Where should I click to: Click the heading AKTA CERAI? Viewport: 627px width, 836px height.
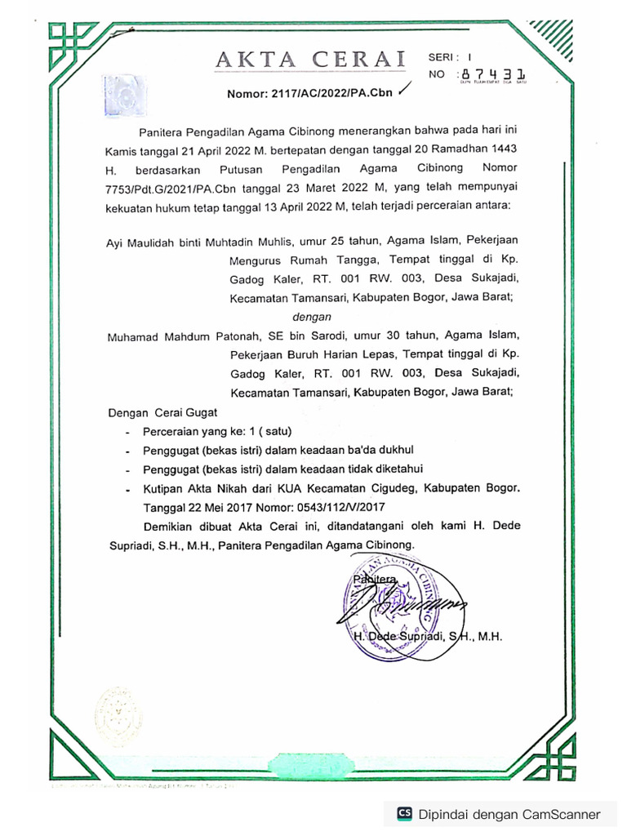coord(310,59)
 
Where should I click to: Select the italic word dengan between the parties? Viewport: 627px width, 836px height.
coord(311,316)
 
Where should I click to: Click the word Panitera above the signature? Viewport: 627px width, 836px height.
coord(373,580)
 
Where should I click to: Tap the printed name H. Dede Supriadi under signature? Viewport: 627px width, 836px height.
coord(426,636)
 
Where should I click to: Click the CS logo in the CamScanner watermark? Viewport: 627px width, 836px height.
coord(404,813)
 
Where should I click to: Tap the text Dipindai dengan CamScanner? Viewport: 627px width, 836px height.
coord(509,814)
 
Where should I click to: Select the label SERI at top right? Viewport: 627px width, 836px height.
coord(443,57)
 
